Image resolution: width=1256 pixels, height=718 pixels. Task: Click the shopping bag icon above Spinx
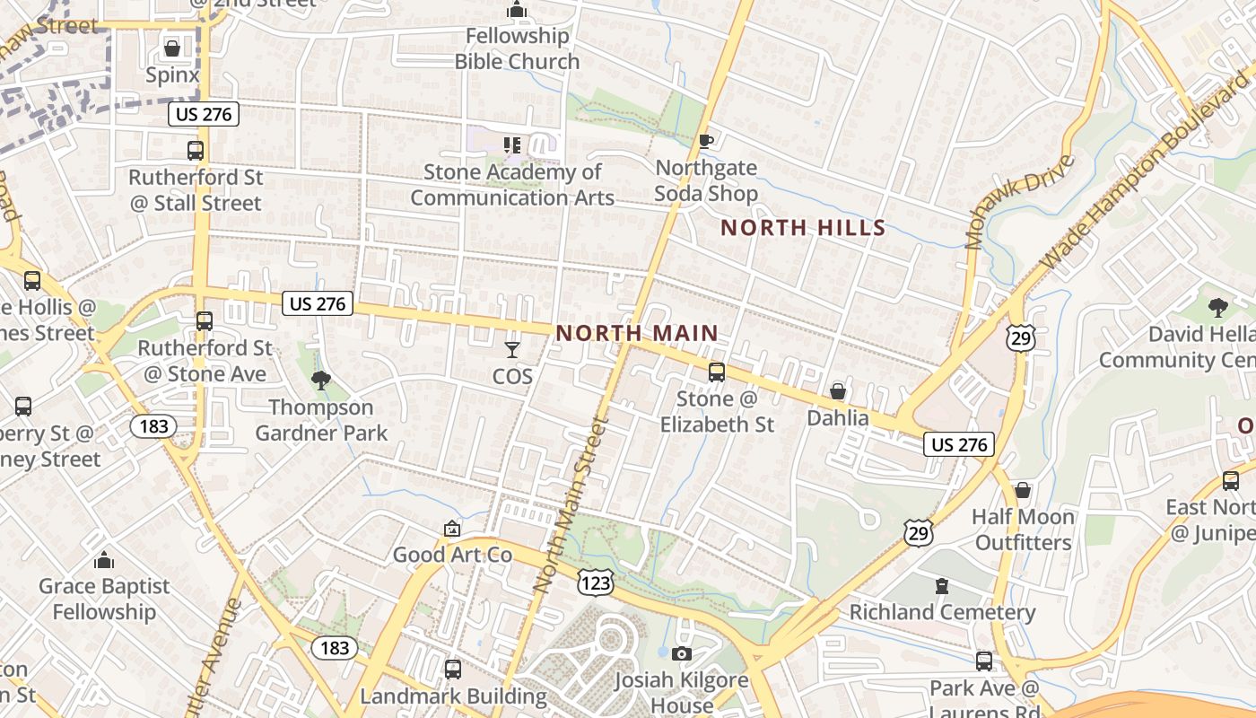coord(171,47)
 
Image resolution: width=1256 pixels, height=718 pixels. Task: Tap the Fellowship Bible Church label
coord(517,48)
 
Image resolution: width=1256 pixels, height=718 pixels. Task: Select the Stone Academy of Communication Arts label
coord(512,185)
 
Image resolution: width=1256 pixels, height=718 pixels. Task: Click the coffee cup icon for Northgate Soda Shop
coord(706,141)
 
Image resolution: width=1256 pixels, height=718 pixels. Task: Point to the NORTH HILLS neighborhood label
coord(803,228)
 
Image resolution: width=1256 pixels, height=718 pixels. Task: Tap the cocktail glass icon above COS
coord(512,350)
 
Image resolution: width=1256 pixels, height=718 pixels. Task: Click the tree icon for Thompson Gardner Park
coord(320,381)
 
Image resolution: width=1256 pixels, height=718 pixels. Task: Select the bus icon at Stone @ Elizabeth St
coord(716,372)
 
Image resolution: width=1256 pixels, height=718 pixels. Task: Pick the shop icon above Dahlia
coord(837,391)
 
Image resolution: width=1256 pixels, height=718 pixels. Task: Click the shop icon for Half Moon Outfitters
coord(1022,490)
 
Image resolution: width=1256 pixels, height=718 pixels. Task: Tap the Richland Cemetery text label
coord(942,613)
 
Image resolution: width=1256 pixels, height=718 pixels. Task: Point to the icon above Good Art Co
coord(452,530)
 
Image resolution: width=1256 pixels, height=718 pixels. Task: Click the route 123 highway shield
coord(596,583)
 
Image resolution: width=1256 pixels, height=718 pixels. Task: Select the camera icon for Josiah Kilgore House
coord(682,653)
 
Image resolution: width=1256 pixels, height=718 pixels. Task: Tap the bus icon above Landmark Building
coord(453,669)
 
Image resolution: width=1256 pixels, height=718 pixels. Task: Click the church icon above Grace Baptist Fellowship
coord(104,560)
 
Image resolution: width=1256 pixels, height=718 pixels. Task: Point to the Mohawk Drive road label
coord(1020,201)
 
